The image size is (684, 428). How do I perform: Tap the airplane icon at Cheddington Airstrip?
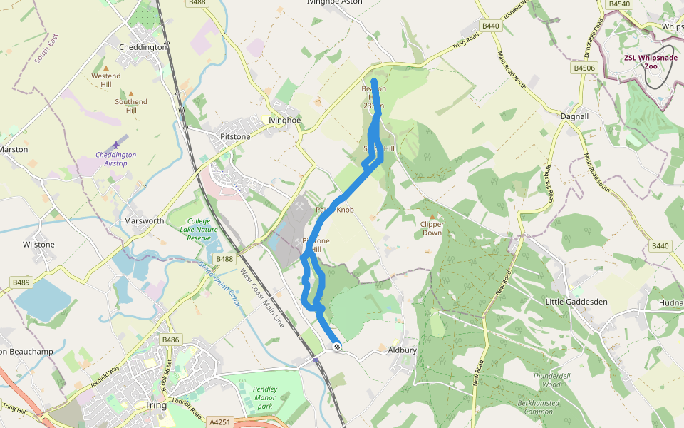117,145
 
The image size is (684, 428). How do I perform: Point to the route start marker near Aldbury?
336,347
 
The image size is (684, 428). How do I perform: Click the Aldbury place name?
402,350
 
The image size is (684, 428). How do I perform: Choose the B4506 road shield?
584,68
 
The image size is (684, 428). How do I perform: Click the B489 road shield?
21,282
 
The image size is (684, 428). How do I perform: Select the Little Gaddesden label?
576,302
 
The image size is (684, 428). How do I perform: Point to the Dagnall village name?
574,116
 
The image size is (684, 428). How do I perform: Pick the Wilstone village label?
38,245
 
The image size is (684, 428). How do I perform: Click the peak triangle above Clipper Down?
432,215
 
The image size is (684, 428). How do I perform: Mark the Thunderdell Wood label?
552,379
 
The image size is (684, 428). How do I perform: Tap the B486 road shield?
171,340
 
